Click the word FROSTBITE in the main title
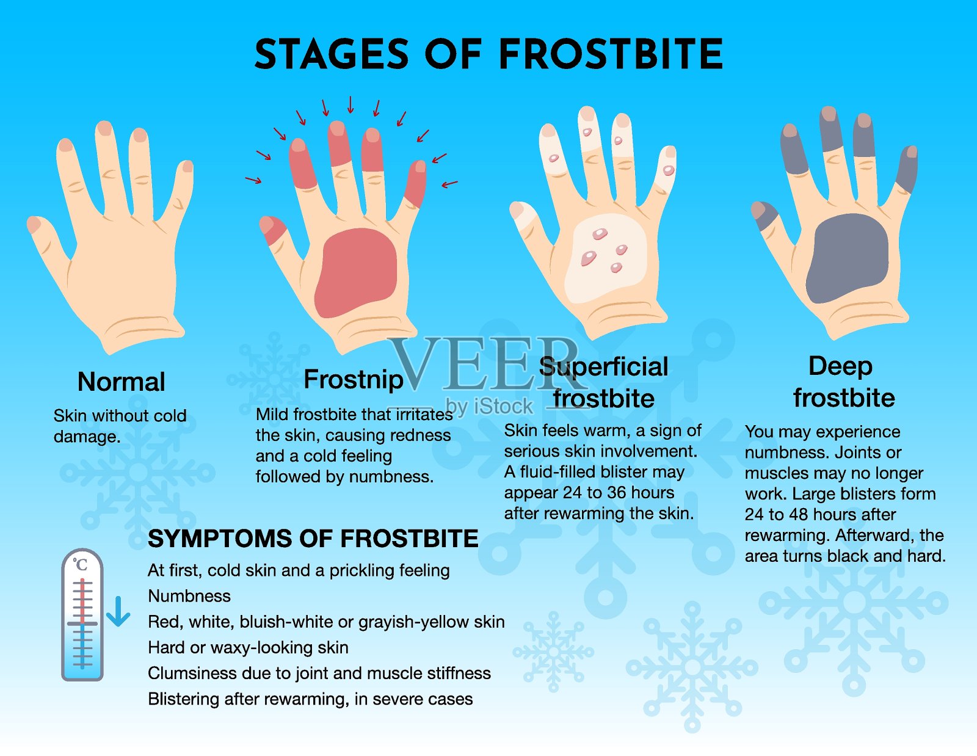pyautogui.click(x=611, y=54)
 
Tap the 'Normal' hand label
pyautogui.click(x=122, y=382)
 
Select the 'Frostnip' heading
pyautogui.click(x=354, y=380)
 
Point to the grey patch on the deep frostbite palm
pyautogui.click(x=847, y=258)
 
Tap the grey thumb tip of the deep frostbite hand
pyautogui.click(x=765, y=215)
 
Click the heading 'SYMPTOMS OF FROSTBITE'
pyautogui.click(x=313, y=539)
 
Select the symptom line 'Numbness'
pyautogui.click(x=189, y=596)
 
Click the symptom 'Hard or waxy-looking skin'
pyautogui.click(x=248, y=648)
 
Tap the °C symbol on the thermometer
pyautogui.click(x=81, y=564)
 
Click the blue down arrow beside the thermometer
pyautogui.click(x=118, y=611)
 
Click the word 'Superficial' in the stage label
pyautogui.click(x=603, y=367)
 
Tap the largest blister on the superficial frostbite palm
pyautogui.click(x=588, y=258)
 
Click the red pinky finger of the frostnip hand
pyautogui.click(x=416, y=184)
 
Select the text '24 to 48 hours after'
pyautogui.click(x=820, y=514)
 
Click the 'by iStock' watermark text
pyautogui.click(x=489, y=406)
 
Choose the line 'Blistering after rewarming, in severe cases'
pyautogui.click(x=310, y=699)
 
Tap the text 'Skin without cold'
pyautogui.click(x=120, y=415)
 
